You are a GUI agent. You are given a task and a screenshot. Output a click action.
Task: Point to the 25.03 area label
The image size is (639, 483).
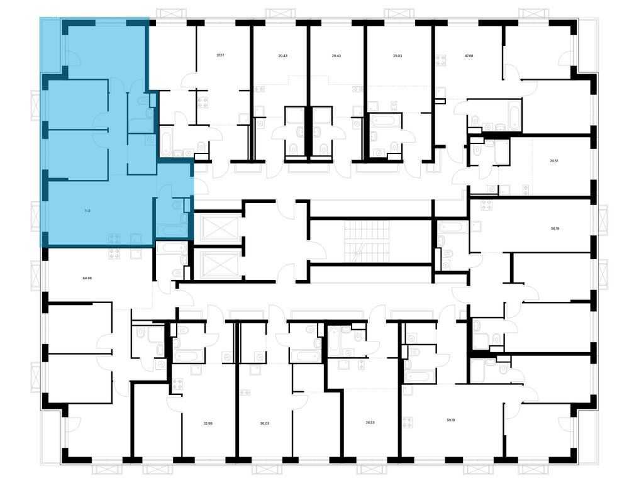[397, 55]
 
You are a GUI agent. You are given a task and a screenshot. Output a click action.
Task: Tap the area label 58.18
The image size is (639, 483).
[554, 228]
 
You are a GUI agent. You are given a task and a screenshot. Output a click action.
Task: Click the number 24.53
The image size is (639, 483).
[370, 423]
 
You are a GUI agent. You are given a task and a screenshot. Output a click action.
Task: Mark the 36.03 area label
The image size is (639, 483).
[265, 423]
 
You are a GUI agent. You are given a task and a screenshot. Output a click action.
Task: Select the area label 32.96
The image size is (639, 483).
[208, 423]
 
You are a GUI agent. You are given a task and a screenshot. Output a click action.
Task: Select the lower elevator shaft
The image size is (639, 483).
[218, 265]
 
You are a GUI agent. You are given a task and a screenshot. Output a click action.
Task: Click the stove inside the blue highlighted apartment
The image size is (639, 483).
[114, 238]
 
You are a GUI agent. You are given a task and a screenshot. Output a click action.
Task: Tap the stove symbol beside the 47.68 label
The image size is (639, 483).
[440, 60]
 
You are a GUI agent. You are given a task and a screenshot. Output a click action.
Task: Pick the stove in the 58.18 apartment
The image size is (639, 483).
[487, 205]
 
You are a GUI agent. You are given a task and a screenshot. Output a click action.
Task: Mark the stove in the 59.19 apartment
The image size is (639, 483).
[408, 422]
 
